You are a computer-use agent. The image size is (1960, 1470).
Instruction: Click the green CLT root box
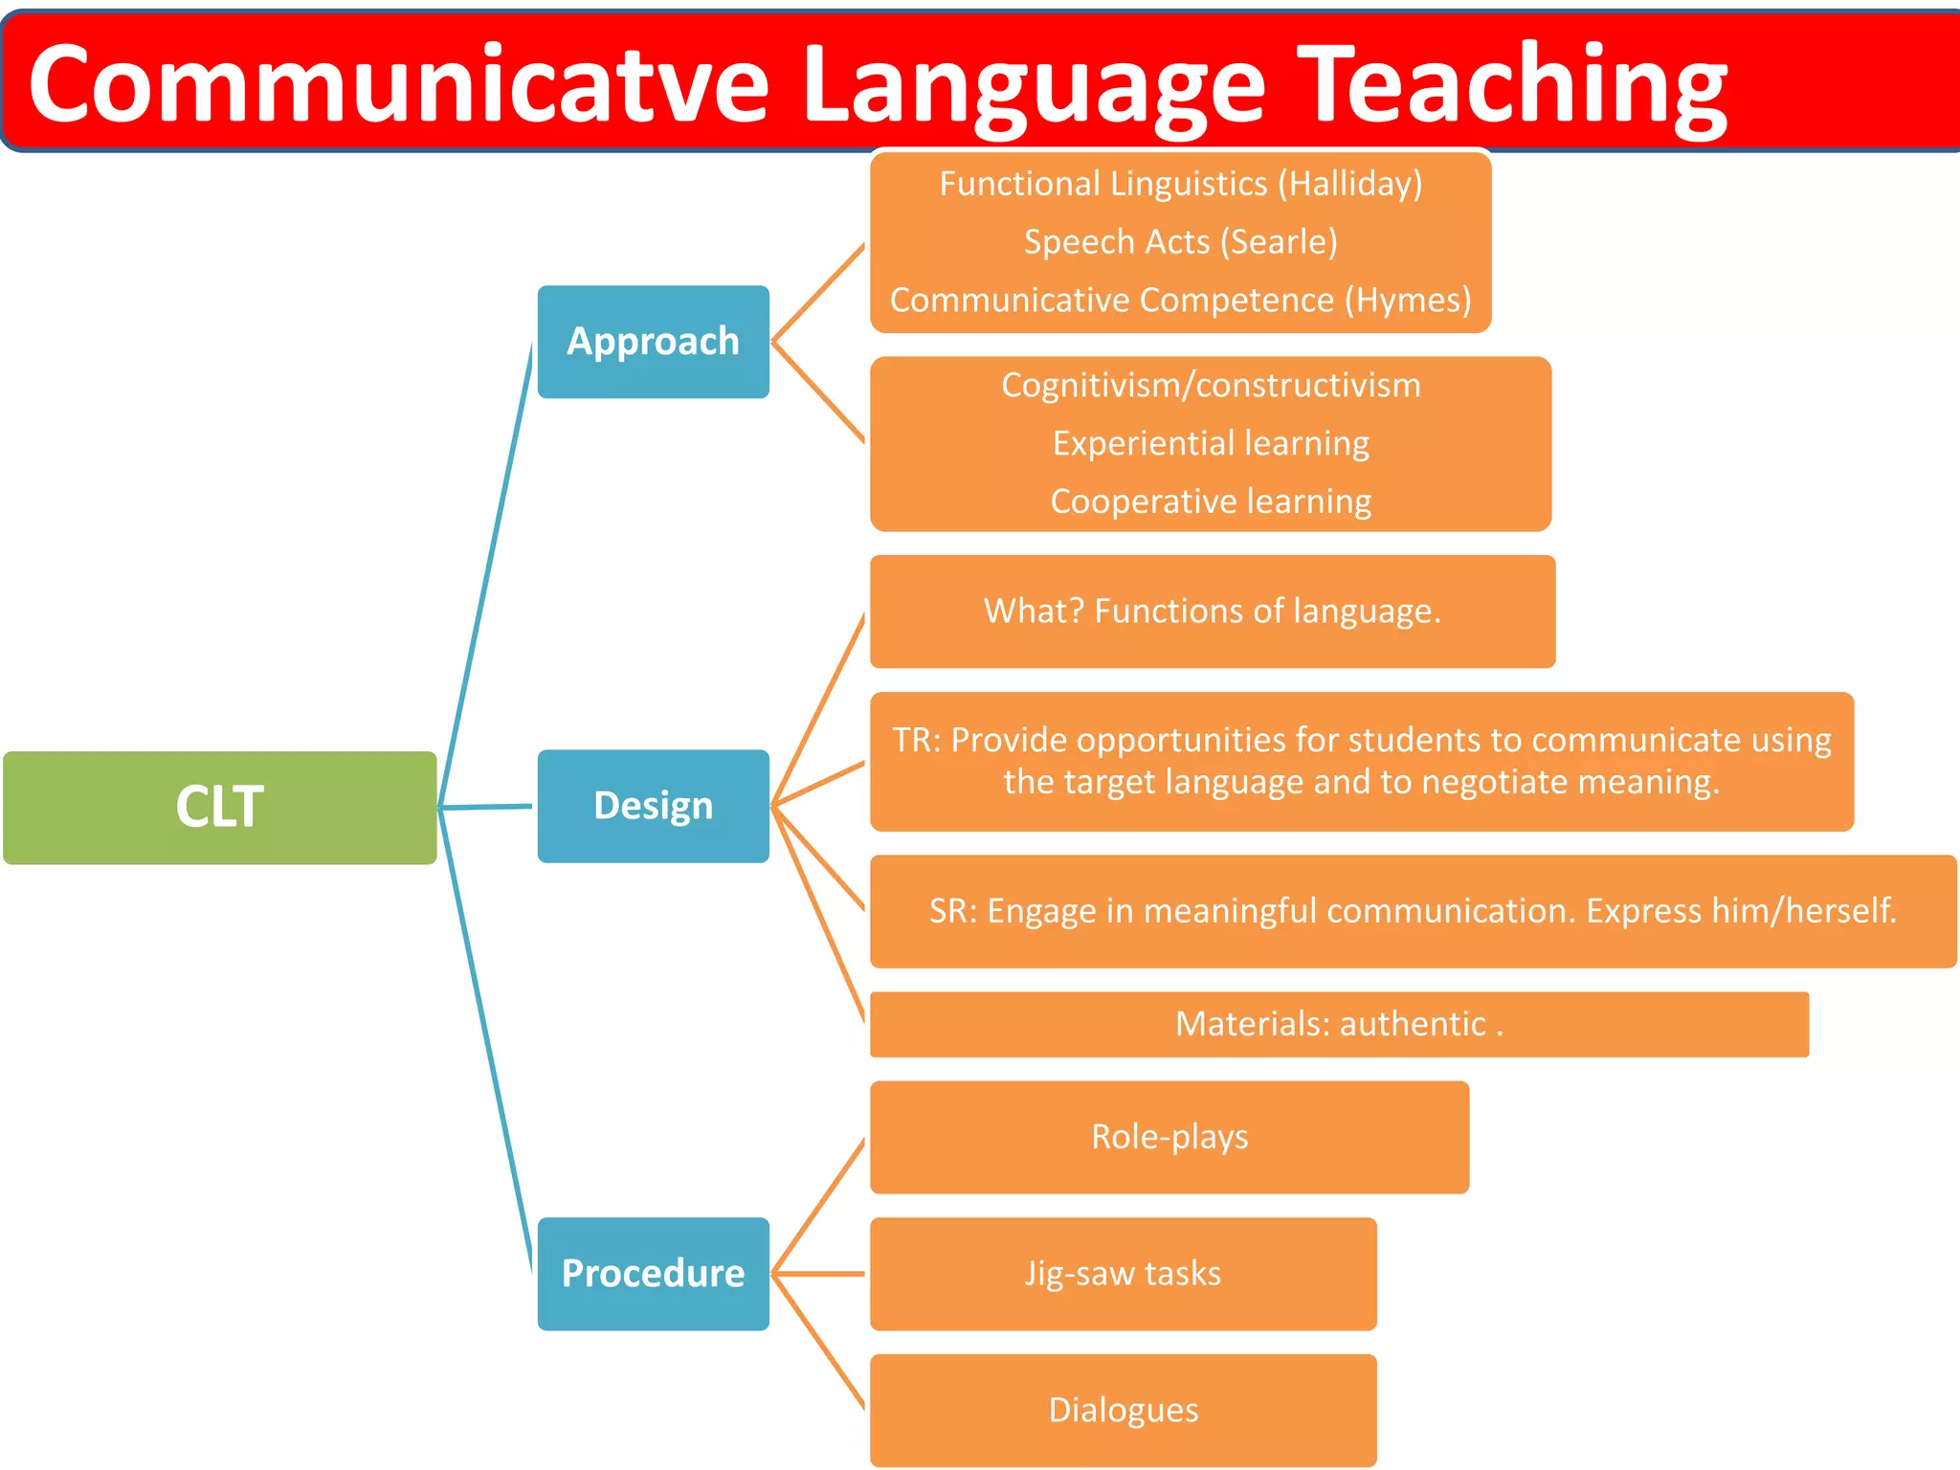tap(219, 807)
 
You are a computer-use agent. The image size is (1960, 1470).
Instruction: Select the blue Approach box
tap(653, 342)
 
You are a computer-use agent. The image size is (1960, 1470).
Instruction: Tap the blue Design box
tap(653, 806)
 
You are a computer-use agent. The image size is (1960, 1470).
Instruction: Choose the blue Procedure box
tap(653, 1273)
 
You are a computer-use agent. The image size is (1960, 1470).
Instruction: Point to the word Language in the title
tap(1034, 86)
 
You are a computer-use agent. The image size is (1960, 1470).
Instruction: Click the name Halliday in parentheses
tap(1349, 184)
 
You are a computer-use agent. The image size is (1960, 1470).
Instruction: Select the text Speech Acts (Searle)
tap(1180, 242)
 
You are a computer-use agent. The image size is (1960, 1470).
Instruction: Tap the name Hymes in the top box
tap(1408, 301)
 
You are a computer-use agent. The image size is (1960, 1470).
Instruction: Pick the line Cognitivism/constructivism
tap(1211, 386)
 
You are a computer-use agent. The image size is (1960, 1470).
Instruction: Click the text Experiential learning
tap(1211, 443)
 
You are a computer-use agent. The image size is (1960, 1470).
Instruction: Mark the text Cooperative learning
tap(1211, 501)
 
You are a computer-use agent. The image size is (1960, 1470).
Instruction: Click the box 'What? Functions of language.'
tap(1212, 612)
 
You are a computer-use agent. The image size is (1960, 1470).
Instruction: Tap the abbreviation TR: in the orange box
tap(916, 741)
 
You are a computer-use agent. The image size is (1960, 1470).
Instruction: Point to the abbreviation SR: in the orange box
tap(952, 911)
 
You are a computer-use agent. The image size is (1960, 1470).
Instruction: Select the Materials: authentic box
tap(1338, 1024)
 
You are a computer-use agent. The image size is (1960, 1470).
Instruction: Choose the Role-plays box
tap(1169, 1137)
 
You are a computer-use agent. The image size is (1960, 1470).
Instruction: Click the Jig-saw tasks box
tap(1123, 1274)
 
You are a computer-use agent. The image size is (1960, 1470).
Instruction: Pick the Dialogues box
tap(1123, 1411)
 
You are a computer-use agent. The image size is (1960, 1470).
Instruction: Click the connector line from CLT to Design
tap(486, 807)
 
